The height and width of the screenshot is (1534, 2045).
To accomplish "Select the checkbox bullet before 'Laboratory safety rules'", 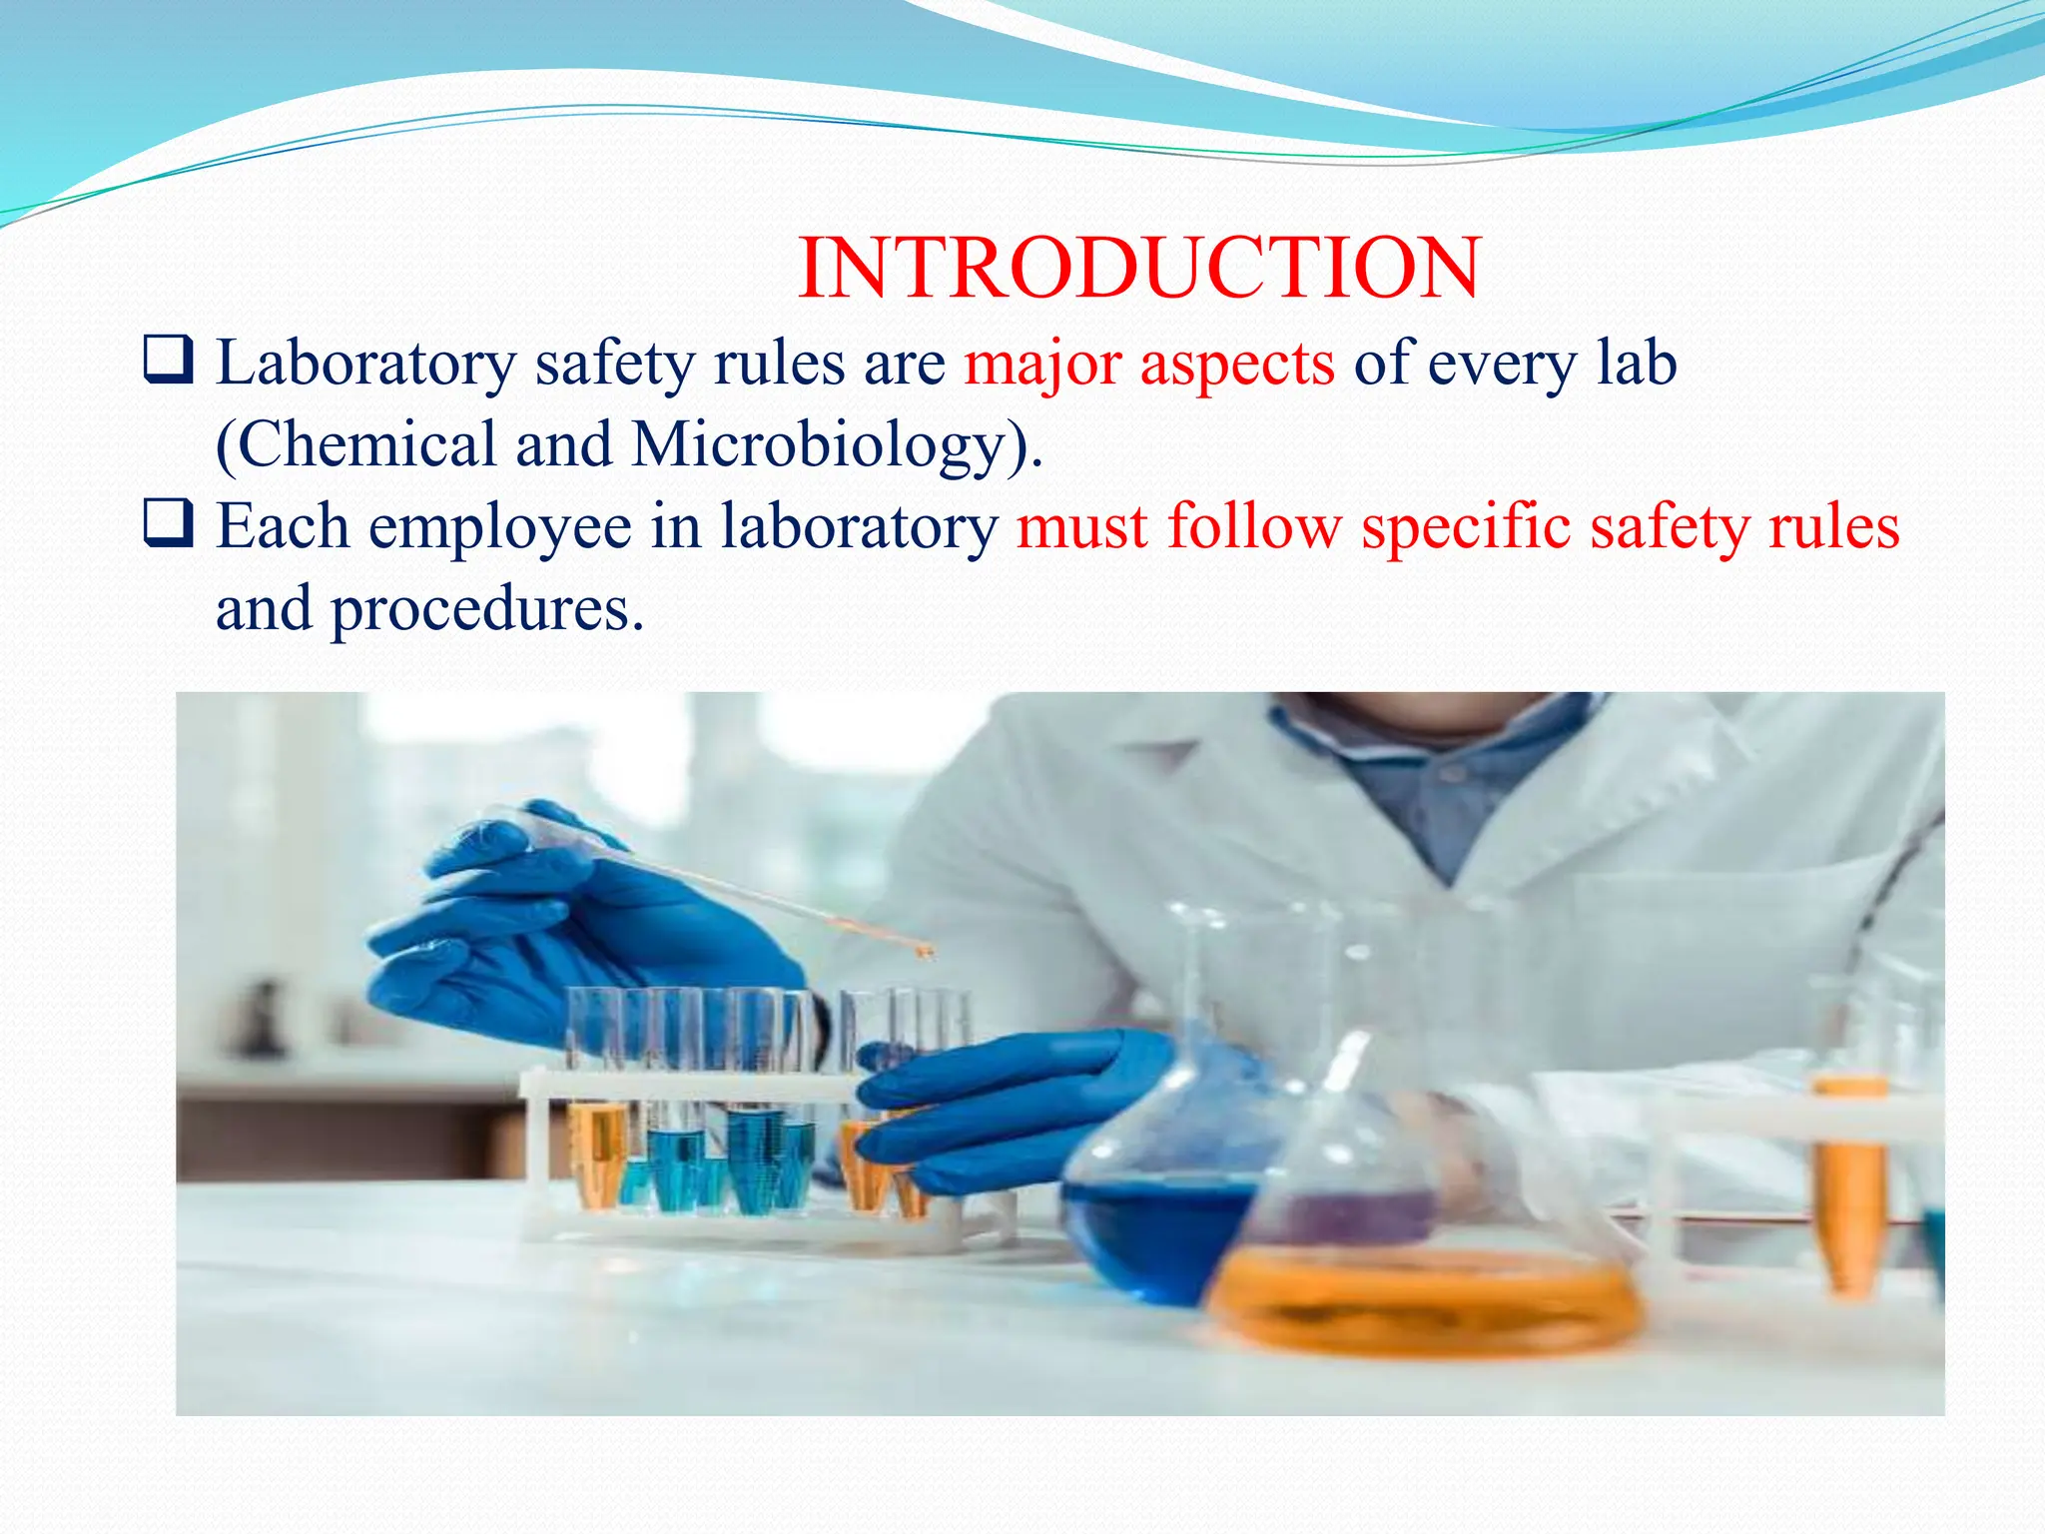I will pyautogui.click(x=169, y=361).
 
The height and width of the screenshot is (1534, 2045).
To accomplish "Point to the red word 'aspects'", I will pyautogui.click(x=1237, y=365).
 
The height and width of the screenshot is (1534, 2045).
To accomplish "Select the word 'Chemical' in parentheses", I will pyautogui.click(x=365, y=444).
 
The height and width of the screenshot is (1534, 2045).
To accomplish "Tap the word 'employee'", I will pyautogui.click(x=500, y=527).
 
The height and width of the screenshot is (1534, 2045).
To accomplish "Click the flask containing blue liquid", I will pyautogui.click(x=1158, y=1228).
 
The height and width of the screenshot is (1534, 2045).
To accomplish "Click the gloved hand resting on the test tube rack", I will pyautogui.click(x=1009, y=1109).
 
